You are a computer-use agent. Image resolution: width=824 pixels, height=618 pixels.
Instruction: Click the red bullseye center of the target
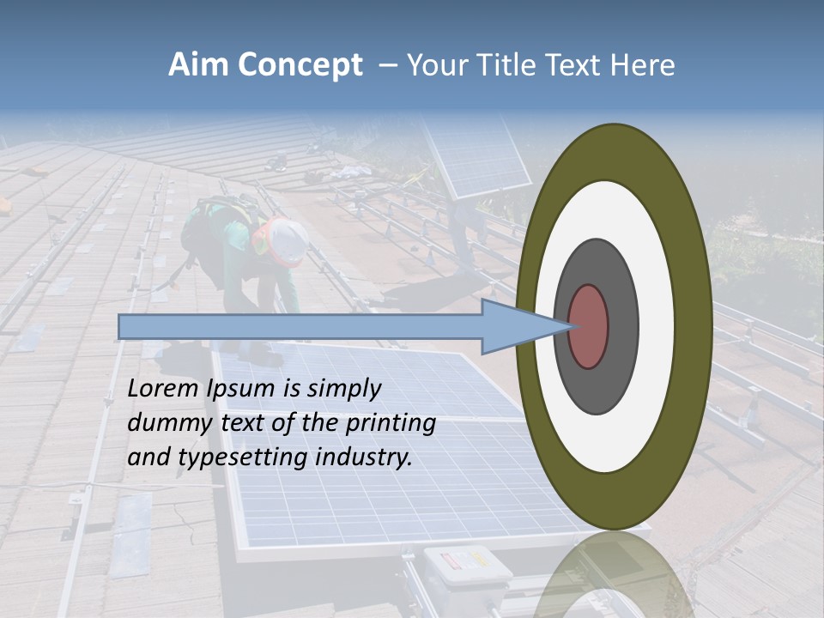(589, 326)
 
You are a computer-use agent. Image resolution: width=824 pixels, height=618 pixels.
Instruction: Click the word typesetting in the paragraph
(244, 458)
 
